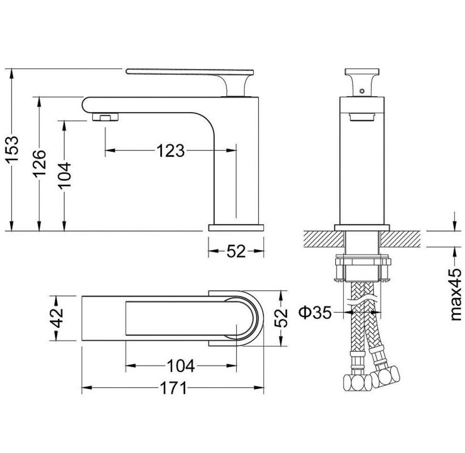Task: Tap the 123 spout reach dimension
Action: pyautogui.click(x=171, y=150)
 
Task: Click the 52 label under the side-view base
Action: pyautogui.click(x=236, y=251)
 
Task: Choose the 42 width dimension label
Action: pyautogui.click(x=56, y=318)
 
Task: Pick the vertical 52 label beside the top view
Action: pyautogui.click(x=281, y=318)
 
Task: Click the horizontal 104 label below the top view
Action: pyautogui.click(x=181, y=366)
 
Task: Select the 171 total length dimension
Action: pyautogui.click(x=174, y=388)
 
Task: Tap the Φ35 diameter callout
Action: pyautogui.click(x=315, y=312)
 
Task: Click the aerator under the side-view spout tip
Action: pyautogui.click(x=105, y=117)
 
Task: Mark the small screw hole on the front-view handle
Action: pyautogui.click(x=362, y=91)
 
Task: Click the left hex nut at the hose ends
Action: pyautogui.click(x=357, y=383)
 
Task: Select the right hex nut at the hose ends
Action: pyautogui.click(x=385, y=377)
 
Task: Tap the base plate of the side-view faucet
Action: pyautogui.click(x=236, y=227)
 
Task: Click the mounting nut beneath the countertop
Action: pyautogui.click(x=362, y=262)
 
